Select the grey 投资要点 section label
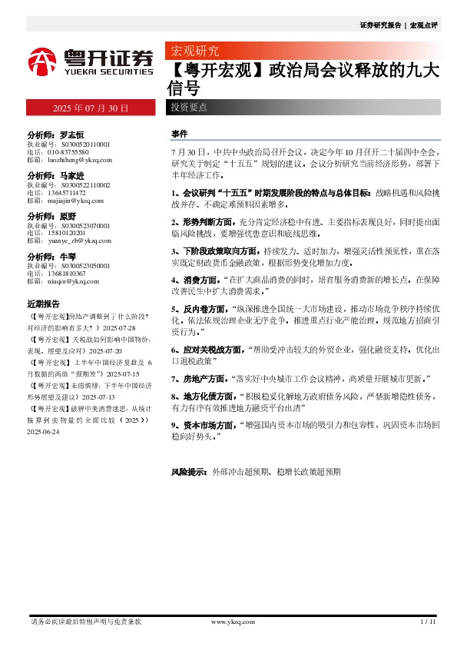pyautogui.click(x=189, y=107)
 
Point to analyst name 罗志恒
pyautogui.click(x=71, y=134)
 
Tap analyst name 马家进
pyautogui.click(x=71, y=175)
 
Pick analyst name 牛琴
pyautogui.click(x=66, y=256)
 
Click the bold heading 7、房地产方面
pyautogui.click(x=199, y=379)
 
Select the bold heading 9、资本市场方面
pyautogui.click(x=204, y=423)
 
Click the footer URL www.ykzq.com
pyautogui.click(x=233, y=621)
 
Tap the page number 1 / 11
pyautogui.click(x=429, y=621)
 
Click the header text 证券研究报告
pyautogui.click(x=381, y=25)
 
